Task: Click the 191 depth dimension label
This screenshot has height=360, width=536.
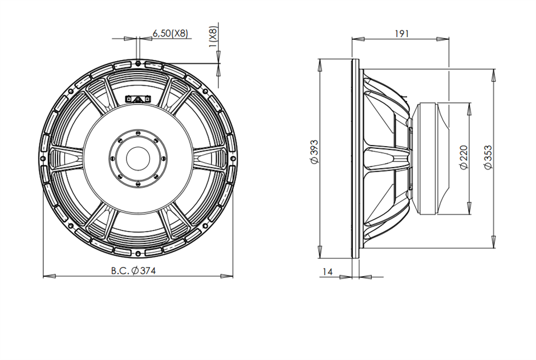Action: coord(402,33)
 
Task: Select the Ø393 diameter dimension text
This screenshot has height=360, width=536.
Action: coord(312,155)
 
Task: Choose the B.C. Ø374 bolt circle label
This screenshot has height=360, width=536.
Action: coord(133,271)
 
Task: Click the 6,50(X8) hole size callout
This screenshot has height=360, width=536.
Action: coord(169,34)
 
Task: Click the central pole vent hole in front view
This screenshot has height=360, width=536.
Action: coord(138,158)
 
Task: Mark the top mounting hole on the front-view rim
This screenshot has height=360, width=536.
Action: coord(139,62)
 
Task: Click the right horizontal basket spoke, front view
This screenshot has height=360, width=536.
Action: coord(212,158)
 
